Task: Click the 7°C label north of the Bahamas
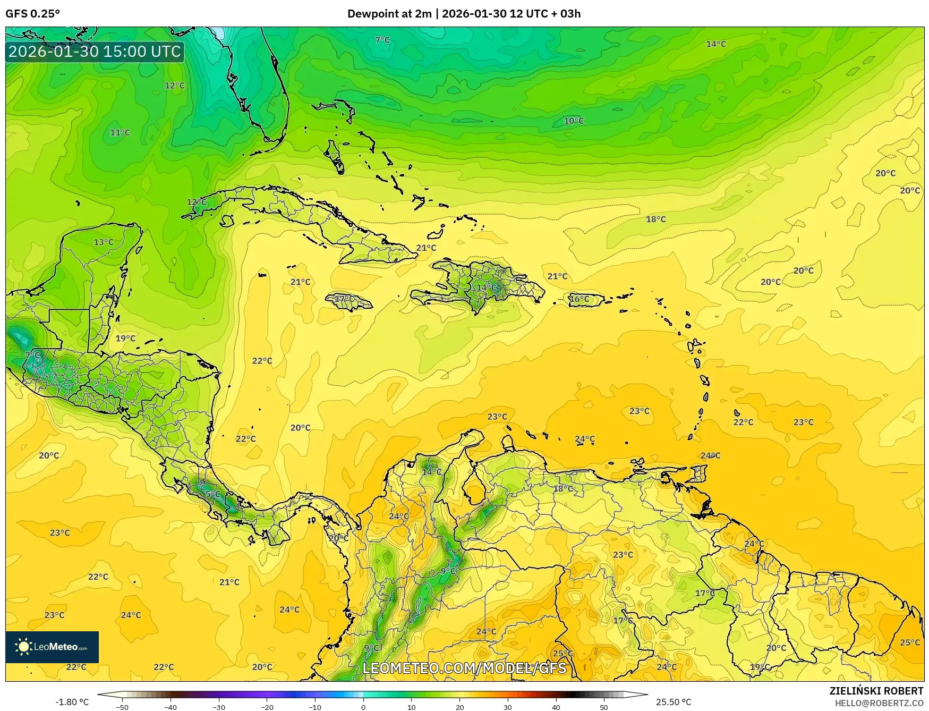[382, 40]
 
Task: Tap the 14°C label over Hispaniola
[485, 287]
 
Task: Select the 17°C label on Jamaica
[344, 299]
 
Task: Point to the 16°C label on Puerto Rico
[579, 299]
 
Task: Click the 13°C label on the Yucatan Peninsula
[104, 242]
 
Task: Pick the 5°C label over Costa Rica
[212, 494]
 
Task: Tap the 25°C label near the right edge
[909, 642]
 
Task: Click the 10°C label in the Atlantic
[574, 121]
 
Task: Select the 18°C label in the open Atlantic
[655, 219]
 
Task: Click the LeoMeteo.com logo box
[52, 647]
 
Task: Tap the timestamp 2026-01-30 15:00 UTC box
[95, 52]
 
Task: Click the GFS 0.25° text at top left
[33, 14]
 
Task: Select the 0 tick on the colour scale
[363, 707]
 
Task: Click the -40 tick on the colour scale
[171, 707]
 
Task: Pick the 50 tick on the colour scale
[604, 707]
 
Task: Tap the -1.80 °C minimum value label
[72, 702]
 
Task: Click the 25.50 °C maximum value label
[674, 702]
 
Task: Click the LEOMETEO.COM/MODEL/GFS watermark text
[464, 668]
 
